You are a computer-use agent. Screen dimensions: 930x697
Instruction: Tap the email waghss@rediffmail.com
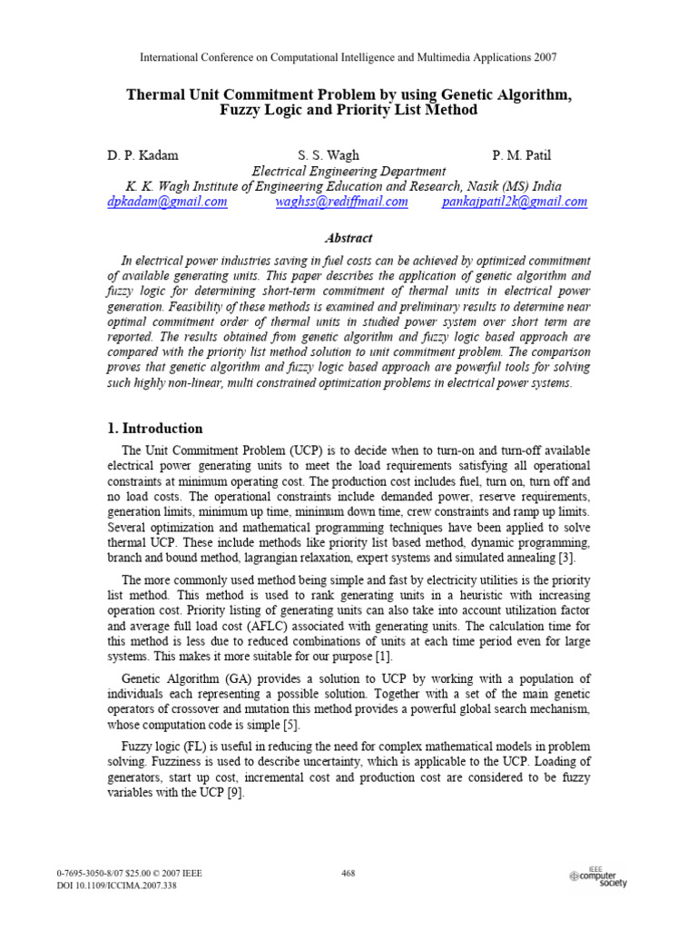[x=341, y=202]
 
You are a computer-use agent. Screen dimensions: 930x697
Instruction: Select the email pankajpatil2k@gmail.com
[x=514, y=202]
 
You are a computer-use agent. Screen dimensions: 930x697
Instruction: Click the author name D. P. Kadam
[x=142, y=155]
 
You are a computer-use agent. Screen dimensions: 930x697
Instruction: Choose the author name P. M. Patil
[x=522, y=155]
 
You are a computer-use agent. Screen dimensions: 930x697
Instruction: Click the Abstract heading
[x=348, y=238]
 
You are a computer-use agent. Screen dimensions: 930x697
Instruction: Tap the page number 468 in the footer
[x=348, y=874]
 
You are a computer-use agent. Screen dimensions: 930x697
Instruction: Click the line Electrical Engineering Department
[x=348, y=171]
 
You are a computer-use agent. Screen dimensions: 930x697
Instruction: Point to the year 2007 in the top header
[x=542, y=57]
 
